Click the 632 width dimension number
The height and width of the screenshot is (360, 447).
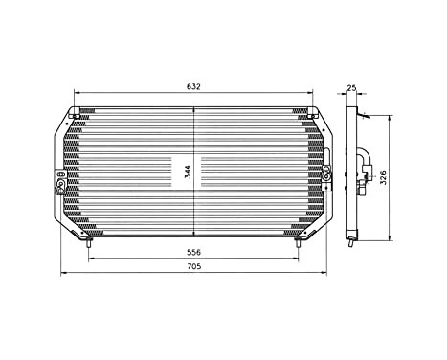[194, 86]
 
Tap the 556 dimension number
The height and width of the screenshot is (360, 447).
[194, 252]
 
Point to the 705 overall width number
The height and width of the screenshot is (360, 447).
[194, 267]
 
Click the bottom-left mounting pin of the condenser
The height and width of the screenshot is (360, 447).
[89, 244]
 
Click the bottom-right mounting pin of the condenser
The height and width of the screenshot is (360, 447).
[299, 244]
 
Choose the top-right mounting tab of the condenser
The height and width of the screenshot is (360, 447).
[311, 113]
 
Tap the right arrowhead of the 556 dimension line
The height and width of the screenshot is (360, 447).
[299, 259]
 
